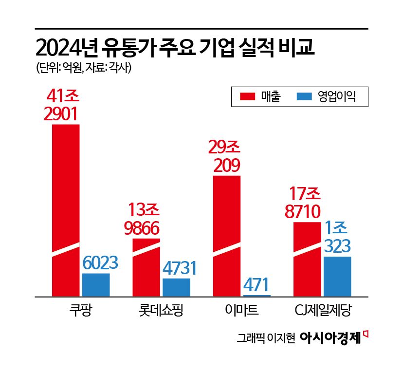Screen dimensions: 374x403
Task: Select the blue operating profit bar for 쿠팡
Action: tap(96, 284)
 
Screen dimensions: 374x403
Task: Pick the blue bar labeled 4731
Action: tap(176, 287)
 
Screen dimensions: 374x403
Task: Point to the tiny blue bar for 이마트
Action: tap(257, 295)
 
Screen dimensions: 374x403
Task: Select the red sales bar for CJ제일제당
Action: tap(307, 259)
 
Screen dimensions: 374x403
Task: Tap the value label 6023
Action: tap(100, 263)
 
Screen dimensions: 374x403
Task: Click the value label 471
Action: tap(257, 284)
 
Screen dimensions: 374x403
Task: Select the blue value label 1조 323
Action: tap(337, 237)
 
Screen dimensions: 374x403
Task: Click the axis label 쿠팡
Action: tap(81, 310)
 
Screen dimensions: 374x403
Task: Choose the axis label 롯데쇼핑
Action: tap(161, 310)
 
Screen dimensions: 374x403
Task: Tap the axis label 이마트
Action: tap(242, 310)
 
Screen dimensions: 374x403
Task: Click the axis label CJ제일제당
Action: tap(323, 310)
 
